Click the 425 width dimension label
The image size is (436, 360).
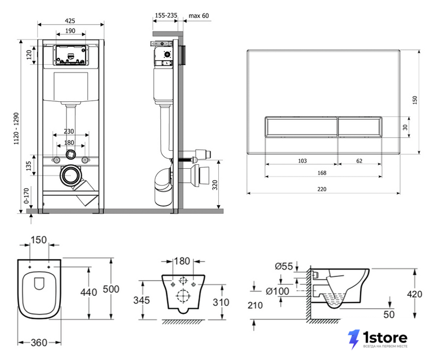tap(70, 21)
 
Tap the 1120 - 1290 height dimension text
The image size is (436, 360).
tap(16, 128)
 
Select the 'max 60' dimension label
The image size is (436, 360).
tap(199, 16)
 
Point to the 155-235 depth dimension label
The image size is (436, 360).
tap(166, 15)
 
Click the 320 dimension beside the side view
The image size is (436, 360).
tap(215, 185)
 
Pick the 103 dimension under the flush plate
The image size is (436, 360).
tap(302, 161)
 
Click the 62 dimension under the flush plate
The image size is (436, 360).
tap(359, 161)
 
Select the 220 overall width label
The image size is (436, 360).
tap(322, 189)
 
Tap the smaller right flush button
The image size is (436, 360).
tap(360, 127)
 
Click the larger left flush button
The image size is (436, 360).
tap(301, 127)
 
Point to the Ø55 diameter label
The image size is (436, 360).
tap(284, 266)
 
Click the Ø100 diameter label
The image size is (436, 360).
tap(277, 291)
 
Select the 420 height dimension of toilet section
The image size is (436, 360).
tap(414, 294)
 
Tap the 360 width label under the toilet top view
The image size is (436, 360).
tap(39, 343)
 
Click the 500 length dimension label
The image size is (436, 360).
tap(111, 289)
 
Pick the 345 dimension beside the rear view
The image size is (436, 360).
tap(142, 300)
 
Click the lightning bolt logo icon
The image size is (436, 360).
tap(354, 339)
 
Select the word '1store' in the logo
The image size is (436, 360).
tap(385, 337)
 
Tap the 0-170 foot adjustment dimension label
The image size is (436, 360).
tap(26, 196)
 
